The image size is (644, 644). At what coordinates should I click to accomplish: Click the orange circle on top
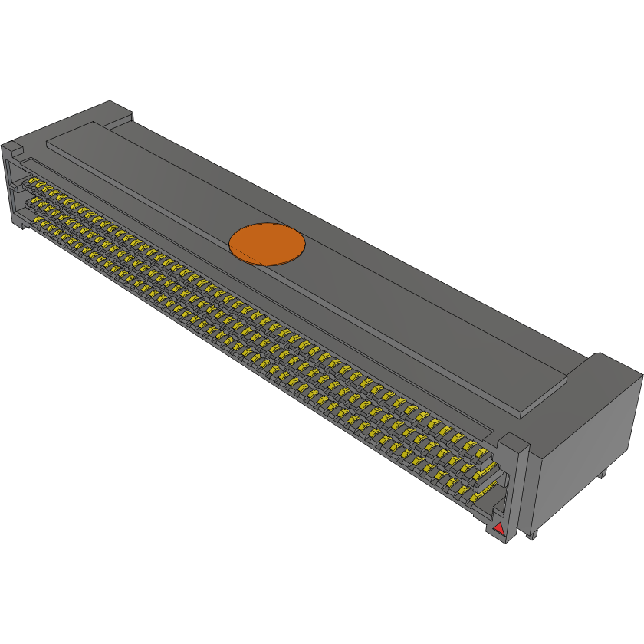point(268,244)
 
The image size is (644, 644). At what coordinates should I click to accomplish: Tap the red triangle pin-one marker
point(498,528)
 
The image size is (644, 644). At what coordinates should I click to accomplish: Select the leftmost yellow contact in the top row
point(33,182)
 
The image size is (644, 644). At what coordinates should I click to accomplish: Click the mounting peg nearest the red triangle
point(530,535)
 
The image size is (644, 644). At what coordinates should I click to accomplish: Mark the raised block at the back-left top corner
point(115,112)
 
